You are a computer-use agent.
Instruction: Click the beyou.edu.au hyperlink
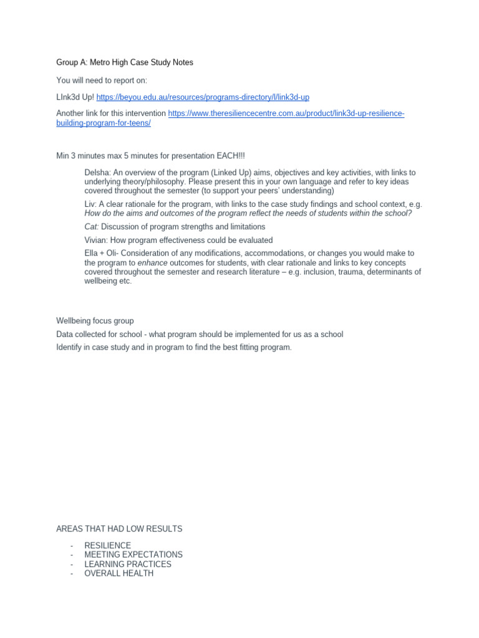pos(203,97)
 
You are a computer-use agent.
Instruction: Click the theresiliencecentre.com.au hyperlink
pos(286,113)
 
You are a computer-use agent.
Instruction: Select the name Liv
pos(90,204)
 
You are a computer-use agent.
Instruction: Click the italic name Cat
pos(91,227)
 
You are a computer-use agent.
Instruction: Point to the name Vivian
pos(96,240)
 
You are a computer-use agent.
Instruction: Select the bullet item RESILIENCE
pos(108,545)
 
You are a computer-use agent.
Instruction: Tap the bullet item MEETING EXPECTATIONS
pos(133,555)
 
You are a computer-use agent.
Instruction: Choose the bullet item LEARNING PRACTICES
pos(128,564)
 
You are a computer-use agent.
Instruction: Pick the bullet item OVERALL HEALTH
pos(119,573)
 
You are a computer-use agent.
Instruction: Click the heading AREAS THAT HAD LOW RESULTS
pos(119,529)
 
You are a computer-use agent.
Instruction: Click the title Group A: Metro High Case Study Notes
pos(125,62)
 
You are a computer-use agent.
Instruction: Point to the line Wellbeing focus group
pos(95,321)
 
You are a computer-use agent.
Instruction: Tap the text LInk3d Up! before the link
pos(75,97)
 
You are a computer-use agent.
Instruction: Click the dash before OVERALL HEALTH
pos(73,573)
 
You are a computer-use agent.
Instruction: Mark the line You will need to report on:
pos(102,80)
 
